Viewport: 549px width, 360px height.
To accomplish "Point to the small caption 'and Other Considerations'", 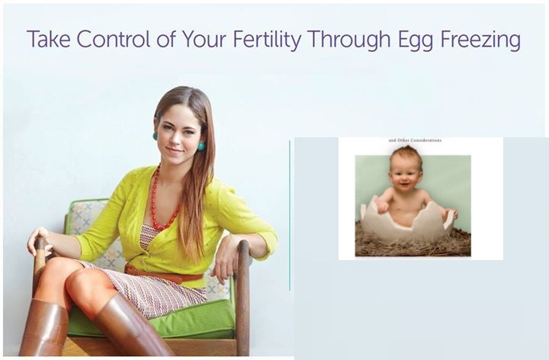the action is coord(415,140).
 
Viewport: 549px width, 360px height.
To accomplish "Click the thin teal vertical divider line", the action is coord(290,215).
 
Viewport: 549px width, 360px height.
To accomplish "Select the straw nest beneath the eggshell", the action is coord(413,242).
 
